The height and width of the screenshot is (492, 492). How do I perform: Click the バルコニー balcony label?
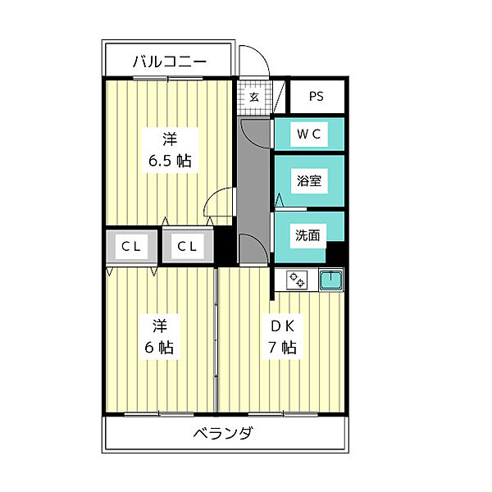(170, 61)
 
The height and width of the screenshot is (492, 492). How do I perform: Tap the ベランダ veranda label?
(222, 434)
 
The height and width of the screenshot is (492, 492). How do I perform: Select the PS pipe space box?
(317, 97)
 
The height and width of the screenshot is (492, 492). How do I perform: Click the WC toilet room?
(308, 134)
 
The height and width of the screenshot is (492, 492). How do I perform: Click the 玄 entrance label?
(254, 97)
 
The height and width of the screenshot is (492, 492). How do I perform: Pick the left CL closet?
(130, 247)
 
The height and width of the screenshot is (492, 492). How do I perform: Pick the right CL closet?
(187, 247)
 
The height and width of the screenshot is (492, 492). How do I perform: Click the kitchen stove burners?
(297, 280)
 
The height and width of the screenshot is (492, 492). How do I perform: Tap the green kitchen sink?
(330, 280)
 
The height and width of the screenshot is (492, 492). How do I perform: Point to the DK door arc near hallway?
(254, 246)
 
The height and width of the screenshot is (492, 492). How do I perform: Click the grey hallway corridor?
(253, 180)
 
